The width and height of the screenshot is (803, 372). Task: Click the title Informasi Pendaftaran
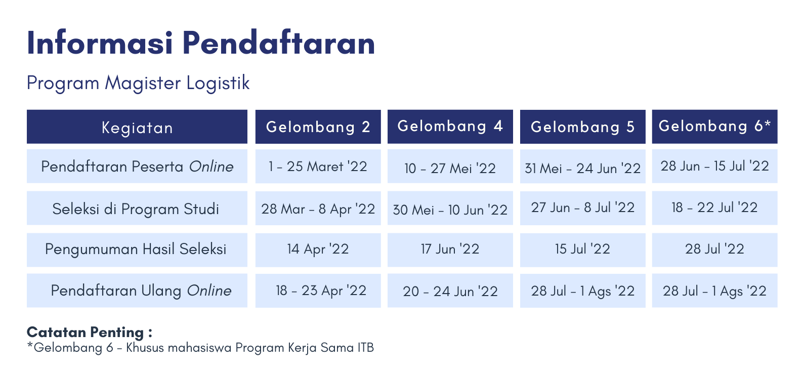coord(201,43)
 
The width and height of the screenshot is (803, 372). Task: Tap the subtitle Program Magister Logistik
coord(138,83)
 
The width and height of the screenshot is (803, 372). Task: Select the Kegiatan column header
coord(137,127)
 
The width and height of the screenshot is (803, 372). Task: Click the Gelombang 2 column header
coord(318,127)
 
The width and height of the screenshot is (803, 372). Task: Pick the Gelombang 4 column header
coord(450,127)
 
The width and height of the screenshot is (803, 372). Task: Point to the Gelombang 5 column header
coord(583,127)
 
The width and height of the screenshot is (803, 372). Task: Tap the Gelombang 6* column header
coord(715,127)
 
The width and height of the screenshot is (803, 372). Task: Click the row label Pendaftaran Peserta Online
coord(137,167)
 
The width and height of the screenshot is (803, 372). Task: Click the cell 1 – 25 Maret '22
coord(318,167)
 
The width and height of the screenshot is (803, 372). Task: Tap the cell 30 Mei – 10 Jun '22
coord(450,209)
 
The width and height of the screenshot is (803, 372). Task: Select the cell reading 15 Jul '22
coord(583,250)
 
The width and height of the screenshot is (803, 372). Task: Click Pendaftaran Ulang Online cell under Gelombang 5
coord(583,291)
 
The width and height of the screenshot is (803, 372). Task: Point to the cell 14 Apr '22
coord(318,250)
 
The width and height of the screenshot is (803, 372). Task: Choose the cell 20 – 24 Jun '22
coord(450,291)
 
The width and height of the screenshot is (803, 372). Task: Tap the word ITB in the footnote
coord(366,348)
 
